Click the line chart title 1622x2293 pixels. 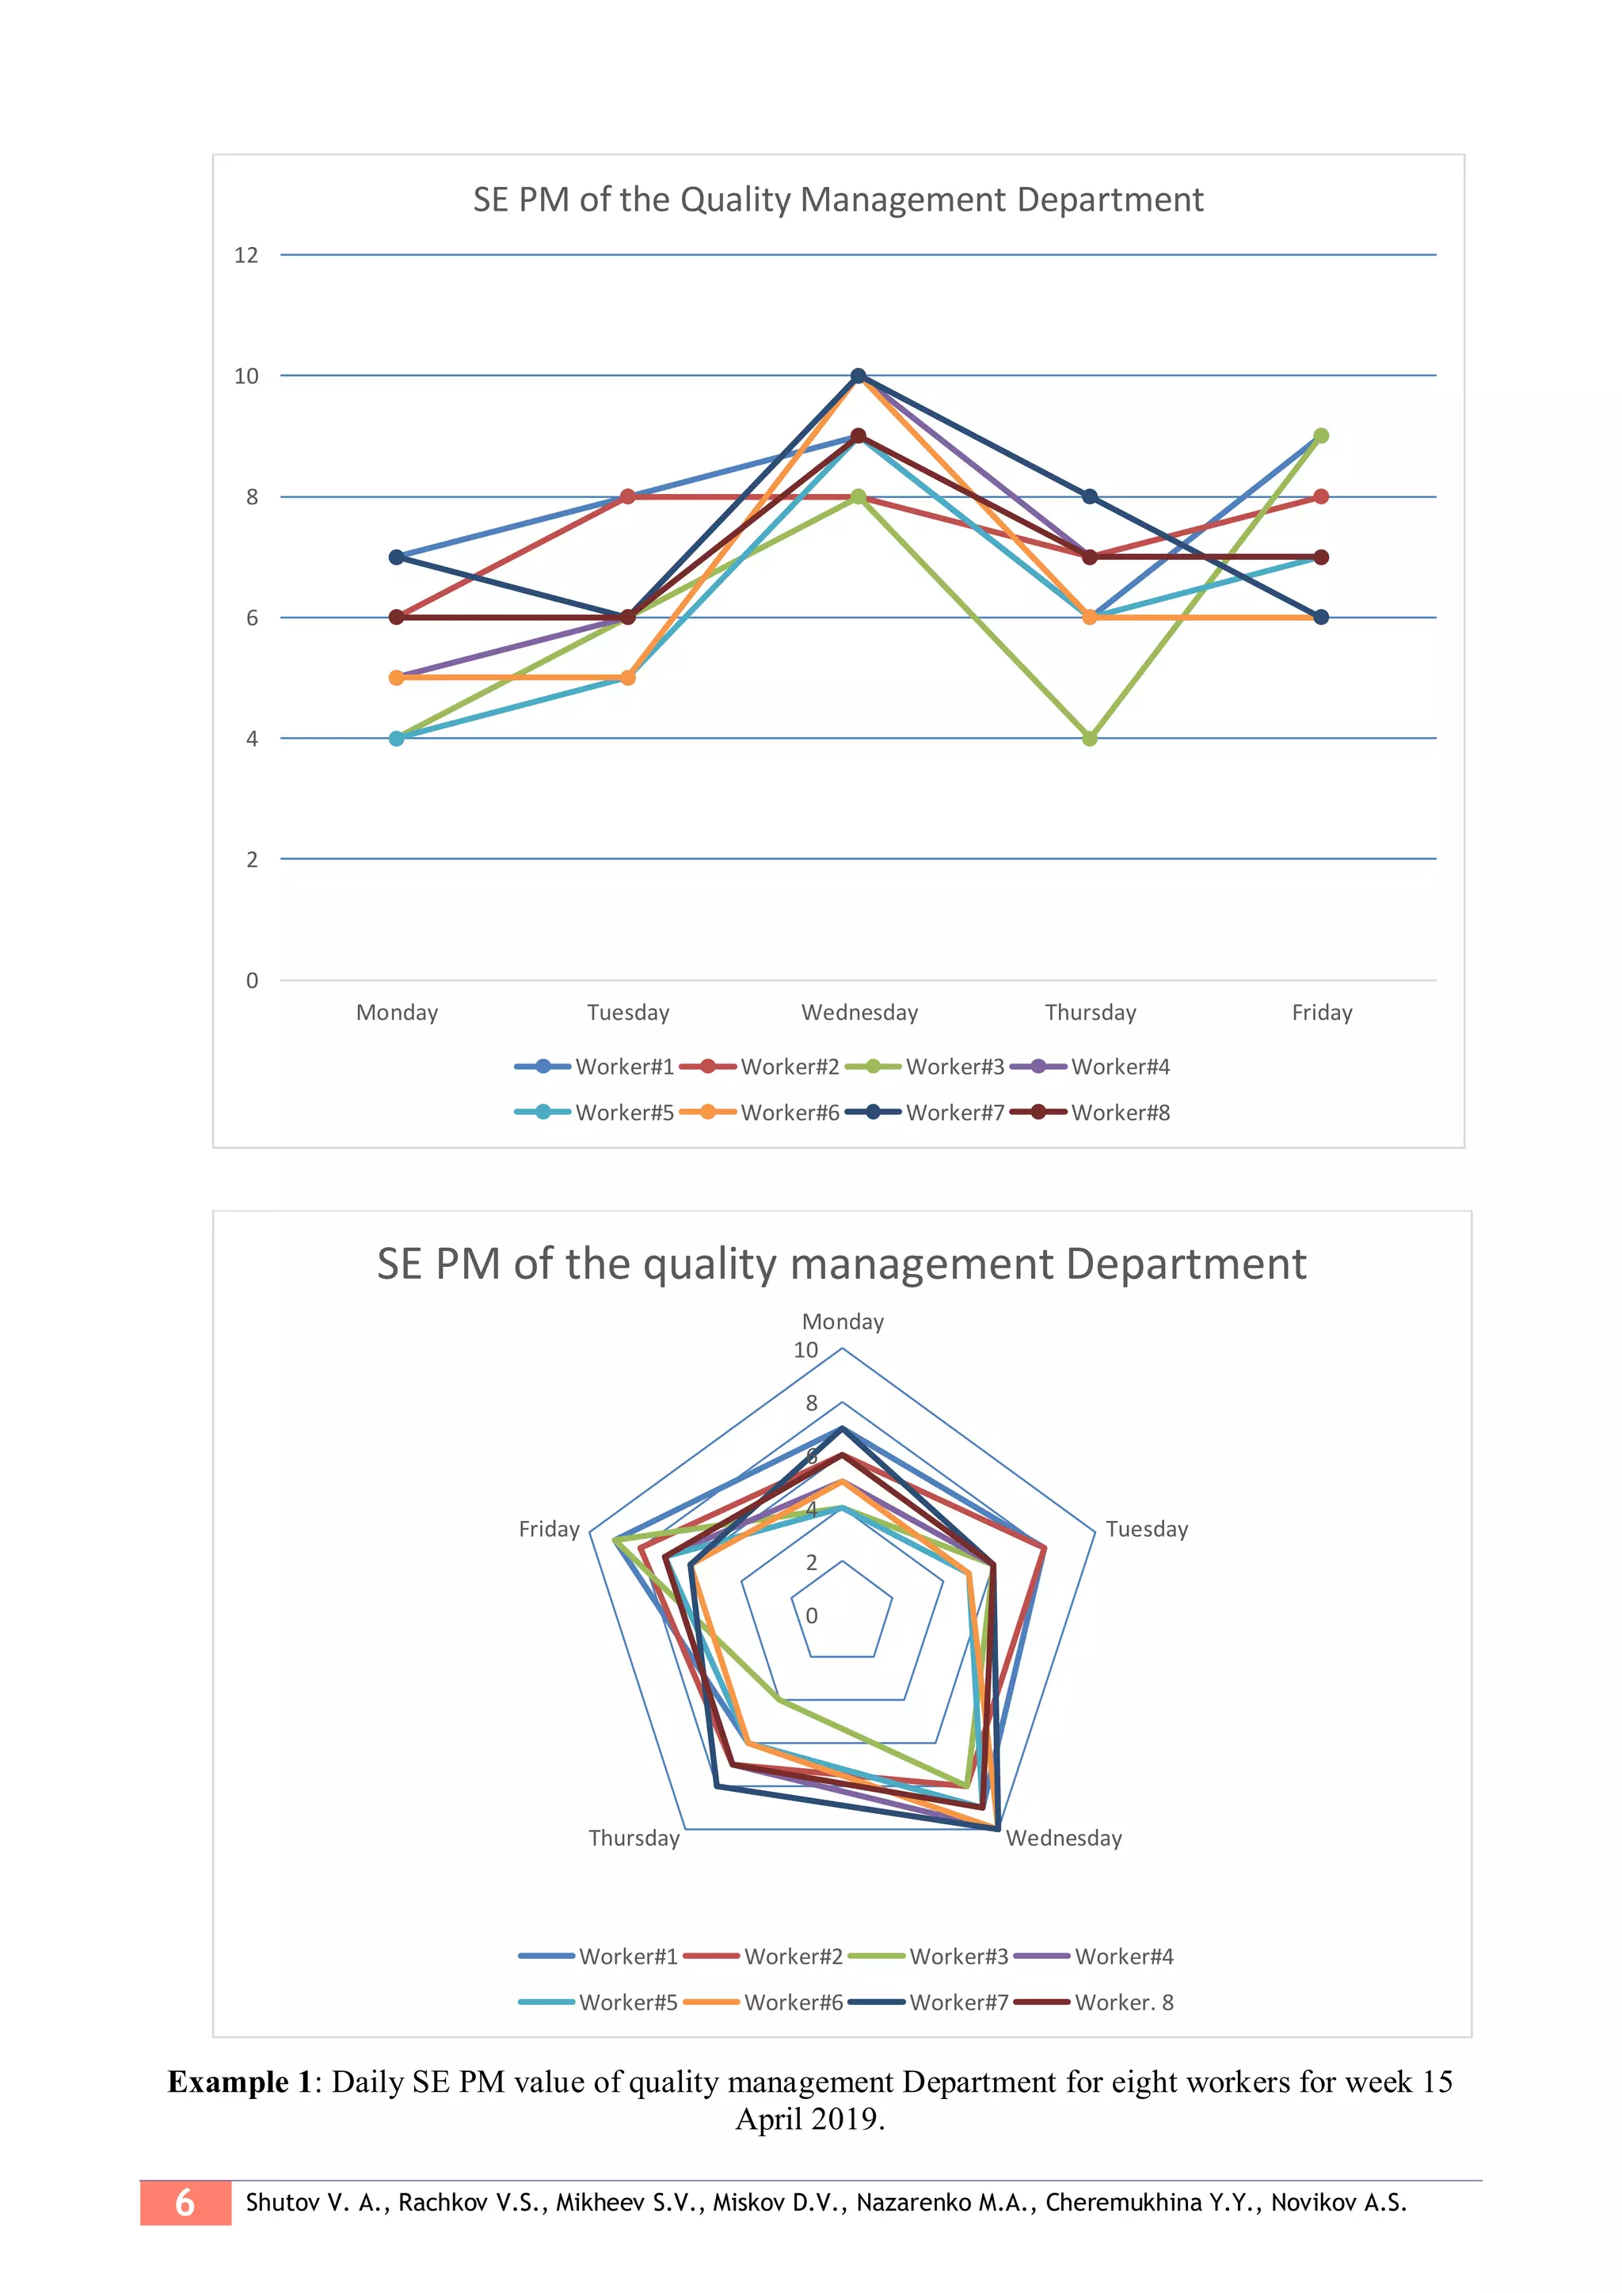tap(838, 200)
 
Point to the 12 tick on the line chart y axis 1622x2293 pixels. tap(246, 256)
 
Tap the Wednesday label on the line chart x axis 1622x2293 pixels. tap(859, 1013)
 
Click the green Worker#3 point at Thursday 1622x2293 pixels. tap(1090, 738)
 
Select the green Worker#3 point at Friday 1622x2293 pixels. tap(1320, 435)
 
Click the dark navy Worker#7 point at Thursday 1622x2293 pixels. tap(1090, 496)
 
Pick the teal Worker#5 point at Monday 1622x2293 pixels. tap(397, 738)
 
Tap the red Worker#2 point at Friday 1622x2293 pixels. tap(1320, 496)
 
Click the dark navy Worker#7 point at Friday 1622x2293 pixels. tap(1320, 617)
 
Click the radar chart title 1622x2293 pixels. tap(841, 1264)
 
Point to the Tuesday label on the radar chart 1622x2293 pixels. tap(1147, 1529)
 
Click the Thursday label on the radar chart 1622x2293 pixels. tap(634, 1838)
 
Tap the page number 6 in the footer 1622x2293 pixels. tap(185, 2203)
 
